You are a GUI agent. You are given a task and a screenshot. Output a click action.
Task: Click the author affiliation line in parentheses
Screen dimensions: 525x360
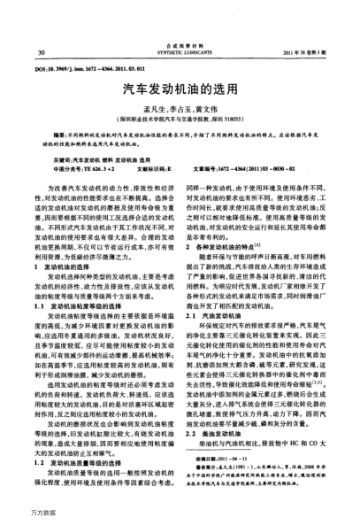coord(179,117)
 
